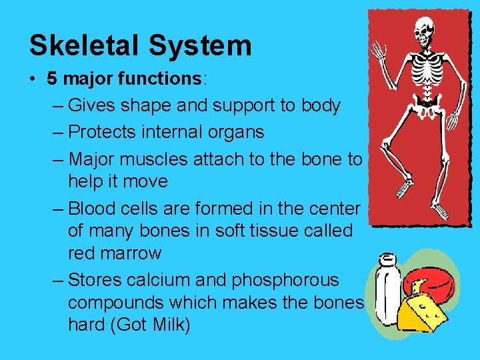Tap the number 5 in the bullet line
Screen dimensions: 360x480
click(x=51, y=79)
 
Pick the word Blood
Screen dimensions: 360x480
click(x=93, y=209)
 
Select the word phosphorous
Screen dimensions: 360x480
click(x=285, y=280)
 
